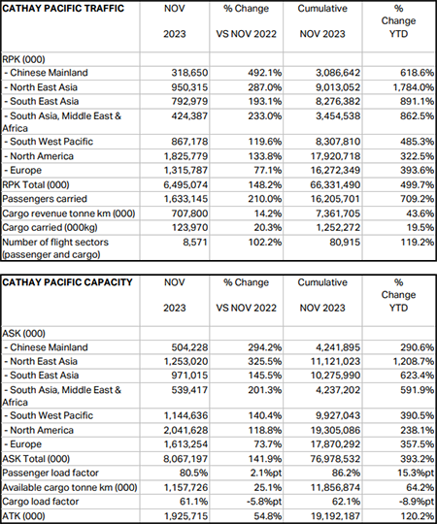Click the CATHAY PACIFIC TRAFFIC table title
tap(63, 9)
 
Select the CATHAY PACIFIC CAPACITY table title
tap(67, 282)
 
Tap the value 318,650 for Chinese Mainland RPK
tap(189, 73)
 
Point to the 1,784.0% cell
tap(414, 87)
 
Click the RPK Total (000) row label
tap(36, 184)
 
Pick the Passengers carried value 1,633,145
tap(185, 199)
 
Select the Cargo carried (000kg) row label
tap(50, 228)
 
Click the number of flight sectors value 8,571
tap(195, 243)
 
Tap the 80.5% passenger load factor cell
tap(194, 474)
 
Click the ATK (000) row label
tap(23, 516)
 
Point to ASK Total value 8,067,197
tap(185, 459)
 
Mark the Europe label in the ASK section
tap(23, 444)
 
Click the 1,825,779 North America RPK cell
tap(185, 156)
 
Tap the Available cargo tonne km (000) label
tap(70, 487)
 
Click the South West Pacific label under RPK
tap(49, 142)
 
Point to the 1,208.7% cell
tap(414, 362)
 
